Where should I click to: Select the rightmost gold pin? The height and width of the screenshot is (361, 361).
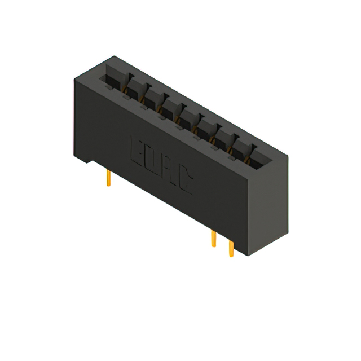[231, 248]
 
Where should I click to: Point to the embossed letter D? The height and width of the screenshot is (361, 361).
[153, 160]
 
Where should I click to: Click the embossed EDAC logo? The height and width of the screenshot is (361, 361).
[162, 165]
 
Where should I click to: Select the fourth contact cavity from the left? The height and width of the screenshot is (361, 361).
[170, 108]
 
